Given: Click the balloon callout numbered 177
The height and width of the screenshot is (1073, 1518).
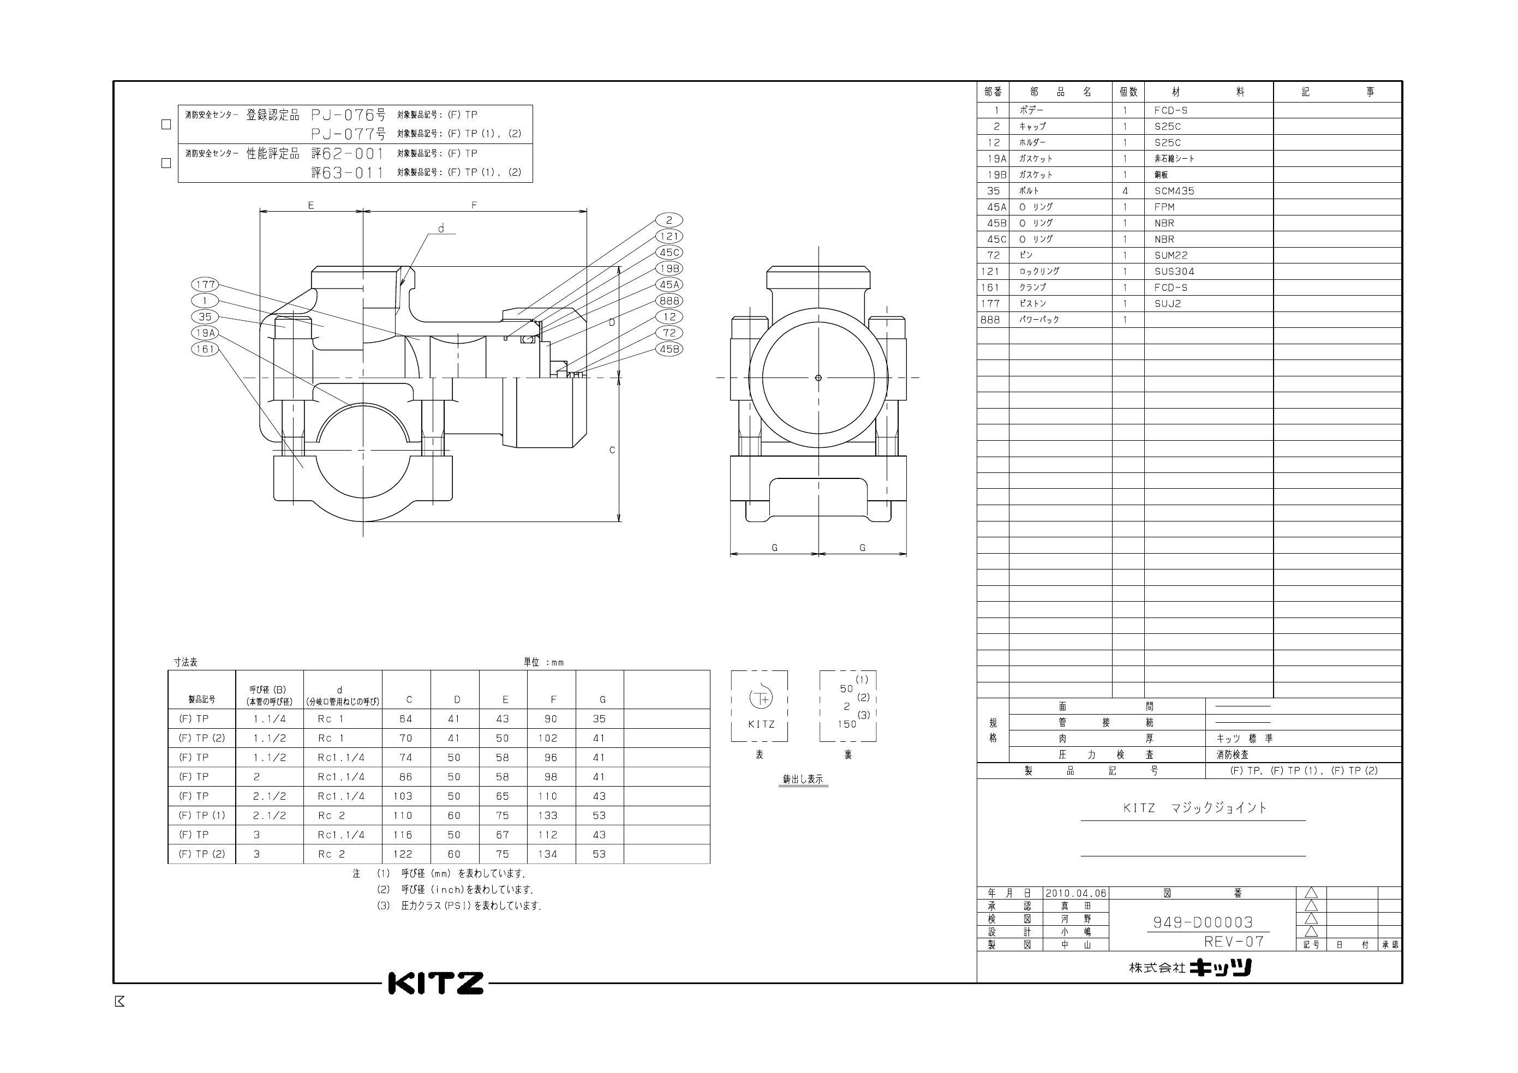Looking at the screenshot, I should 205,284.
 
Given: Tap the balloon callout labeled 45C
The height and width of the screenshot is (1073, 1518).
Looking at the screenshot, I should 669,253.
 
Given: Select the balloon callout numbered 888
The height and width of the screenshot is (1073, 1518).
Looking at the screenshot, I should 669,301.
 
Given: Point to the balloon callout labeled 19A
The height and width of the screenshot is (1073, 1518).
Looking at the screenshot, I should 205,333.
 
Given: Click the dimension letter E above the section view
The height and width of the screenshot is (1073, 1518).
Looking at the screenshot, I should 310,206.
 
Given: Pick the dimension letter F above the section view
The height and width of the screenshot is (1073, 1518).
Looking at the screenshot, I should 474,206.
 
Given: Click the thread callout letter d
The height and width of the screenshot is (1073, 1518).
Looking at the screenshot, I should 441,229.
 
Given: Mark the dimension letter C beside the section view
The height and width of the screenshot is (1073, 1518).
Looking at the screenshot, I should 612,450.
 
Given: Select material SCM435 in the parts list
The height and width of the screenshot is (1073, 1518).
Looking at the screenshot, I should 1174,191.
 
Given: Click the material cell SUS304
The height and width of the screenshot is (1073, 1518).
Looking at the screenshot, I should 1174,272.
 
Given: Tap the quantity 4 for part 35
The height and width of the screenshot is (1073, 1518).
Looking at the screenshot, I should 1125,191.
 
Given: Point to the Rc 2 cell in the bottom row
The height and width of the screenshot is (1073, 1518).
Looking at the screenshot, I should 331,854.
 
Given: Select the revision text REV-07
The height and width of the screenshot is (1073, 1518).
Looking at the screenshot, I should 1234,942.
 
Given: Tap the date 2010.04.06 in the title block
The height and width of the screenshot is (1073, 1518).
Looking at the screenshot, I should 1075,893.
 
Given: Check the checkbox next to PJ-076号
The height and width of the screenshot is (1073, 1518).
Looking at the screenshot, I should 166,124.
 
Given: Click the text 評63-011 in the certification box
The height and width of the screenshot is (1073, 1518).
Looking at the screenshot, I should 348,172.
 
